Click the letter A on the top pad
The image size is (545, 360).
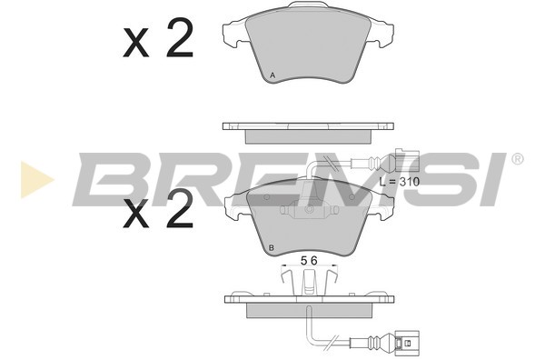click(x=272, y=75)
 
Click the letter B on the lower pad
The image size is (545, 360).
click(x=272, y=247)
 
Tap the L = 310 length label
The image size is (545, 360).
click(x=400, y=182)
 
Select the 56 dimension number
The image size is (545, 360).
click(x=309, y=261)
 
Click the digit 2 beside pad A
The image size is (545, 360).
click(x=179, y=37)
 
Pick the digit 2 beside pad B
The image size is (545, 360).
click(x=179, y=209)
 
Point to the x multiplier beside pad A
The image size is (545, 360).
click(x=136, y=43)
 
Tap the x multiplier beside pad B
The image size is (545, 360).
click(x=136, y=215)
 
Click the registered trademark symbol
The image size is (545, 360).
click(x=517, y=159)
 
